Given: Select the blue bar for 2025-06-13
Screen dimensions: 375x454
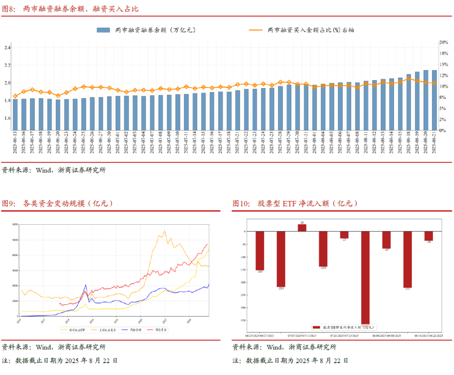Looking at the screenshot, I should tap(15, 114).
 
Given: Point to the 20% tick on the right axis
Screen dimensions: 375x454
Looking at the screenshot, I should tap(444, 42).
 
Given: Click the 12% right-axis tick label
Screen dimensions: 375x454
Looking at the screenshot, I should tap(444, 76).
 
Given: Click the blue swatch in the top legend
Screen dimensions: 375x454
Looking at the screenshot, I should tap(103, 30).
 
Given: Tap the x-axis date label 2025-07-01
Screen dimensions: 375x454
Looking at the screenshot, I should tap(118, 143).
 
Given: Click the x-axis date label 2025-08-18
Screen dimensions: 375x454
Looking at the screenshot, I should tap(409, 143).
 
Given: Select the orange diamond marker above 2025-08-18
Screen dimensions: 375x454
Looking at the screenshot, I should tap(409, 79).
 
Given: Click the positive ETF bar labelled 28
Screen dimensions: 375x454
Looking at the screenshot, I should tap(302, 227).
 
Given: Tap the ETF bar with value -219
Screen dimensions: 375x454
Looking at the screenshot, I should tap(281, 259).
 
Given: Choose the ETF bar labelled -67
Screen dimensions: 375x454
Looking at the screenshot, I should tap(386, 239).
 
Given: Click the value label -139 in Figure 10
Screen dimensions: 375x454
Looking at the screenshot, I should tap(323, 267).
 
